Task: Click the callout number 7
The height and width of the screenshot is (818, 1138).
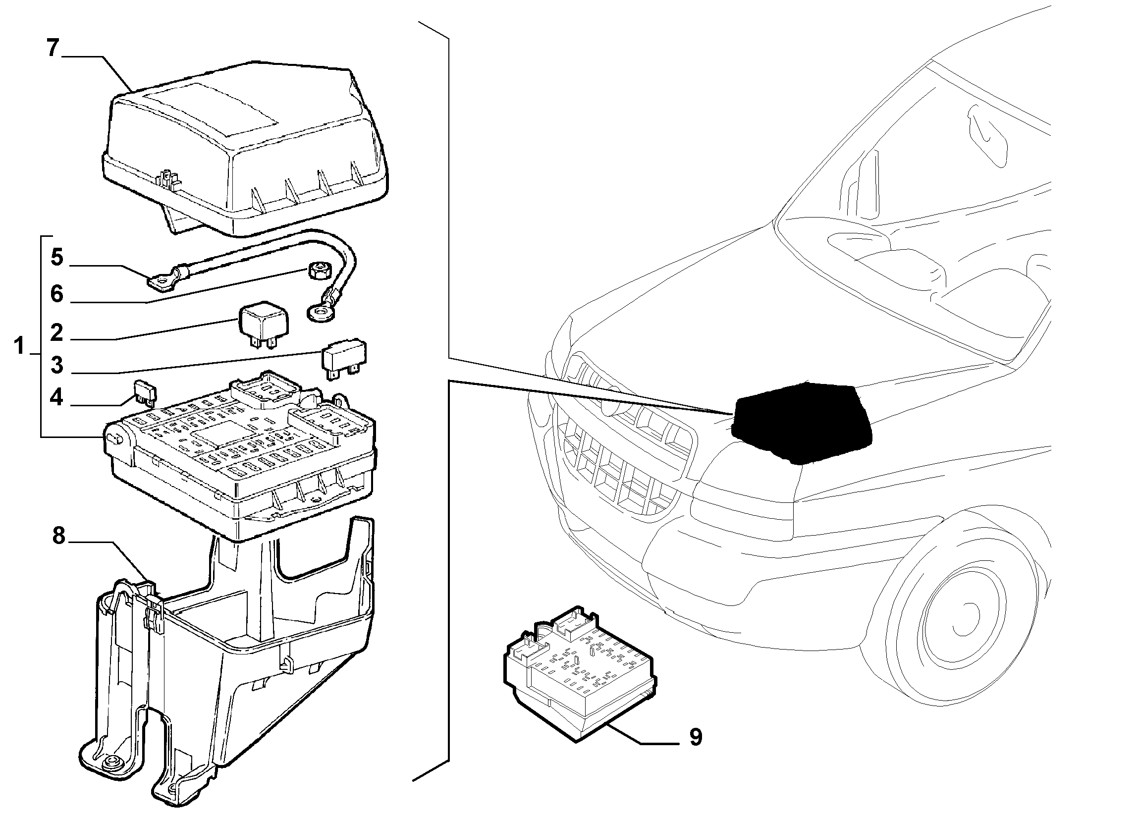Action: click(x=53, y=48)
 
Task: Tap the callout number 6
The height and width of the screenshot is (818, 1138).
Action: click(x=57, y=294)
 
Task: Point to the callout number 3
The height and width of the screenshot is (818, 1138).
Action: click(x=57, y=365)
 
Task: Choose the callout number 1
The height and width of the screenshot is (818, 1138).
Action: click(x=19, y=346)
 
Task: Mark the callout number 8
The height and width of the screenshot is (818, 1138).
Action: click(x=59, y=536)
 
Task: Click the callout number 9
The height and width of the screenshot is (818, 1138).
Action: click(x=696, y=737)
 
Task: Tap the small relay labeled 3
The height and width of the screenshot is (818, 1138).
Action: click(x=344, y=359)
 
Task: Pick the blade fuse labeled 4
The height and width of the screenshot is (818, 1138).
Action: click(x=146, y=392)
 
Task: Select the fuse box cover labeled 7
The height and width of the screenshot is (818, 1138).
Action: click(x=246, y=151)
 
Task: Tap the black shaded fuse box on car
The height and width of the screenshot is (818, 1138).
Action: click(x=800, y=423)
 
